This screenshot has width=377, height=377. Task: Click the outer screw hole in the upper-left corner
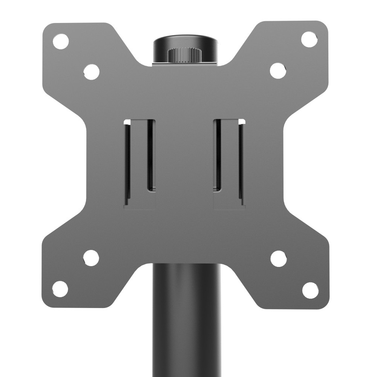(60, 41)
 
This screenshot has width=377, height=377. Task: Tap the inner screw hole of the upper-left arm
(91, 72)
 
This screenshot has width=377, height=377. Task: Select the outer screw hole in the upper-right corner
(309, 39)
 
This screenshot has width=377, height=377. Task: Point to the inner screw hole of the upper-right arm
(278, 70)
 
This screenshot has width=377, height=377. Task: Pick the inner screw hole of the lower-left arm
(91, 258)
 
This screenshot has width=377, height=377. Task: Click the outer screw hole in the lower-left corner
(60, 289)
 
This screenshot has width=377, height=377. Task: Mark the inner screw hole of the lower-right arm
(279, 258)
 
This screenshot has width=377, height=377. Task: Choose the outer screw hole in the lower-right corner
(310, 290)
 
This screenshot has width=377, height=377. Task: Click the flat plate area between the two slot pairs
(184, 162)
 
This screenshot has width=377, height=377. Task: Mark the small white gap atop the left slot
(127, 122)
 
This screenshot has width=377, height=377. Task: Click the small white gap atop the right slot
(242, 122)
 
